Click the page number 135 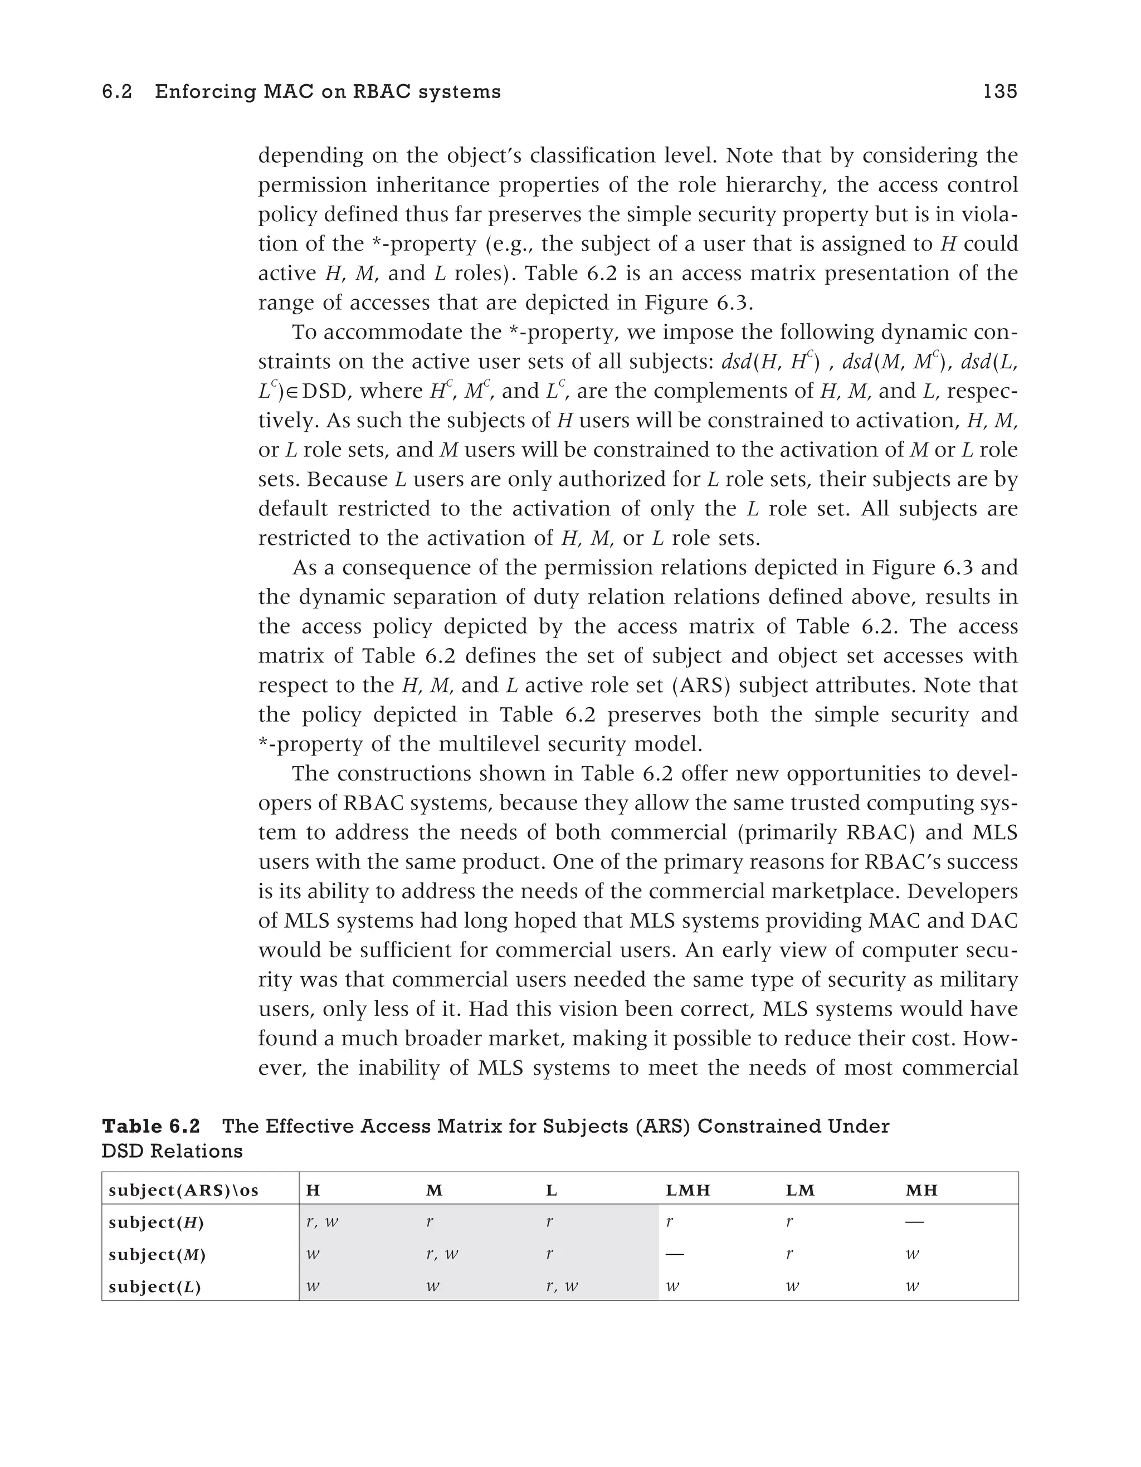[1000, 92]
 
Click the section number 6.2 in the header [117, 92]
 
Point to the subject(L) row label [154, 1287]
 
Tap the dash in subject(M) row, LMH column [675, 1254]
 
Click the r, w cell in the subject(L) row [562, 1287]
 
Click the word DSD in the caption [122, 1151]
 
